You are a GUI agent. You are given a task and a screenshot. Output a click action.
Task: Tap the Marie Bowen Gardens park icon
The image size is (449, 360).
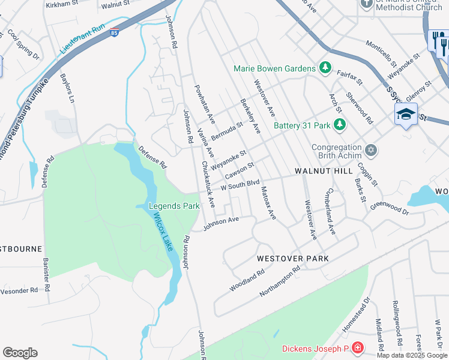tap(325, 68)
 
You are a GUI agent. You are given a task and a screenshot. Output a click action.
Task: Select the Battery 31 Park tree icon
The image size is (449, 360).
tap(340, 125)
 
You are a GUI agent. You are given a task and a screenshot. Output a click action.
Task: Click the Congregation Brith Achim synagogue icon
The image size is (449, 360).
tap(371, 149)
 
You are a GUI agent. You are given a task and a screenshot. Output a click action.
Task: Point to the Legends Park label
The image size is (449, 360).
tap(174, 206)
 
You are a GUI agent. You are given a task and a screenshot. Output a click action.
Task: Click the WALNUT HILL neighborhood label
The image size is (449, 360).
tap(324, 171)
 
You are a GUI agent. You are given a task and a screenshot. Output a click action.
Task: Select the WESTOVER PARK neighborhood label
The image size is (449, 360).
tap(292, 258)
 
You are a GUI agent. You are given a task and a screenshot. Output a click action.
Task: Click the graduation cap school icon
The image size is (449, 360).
tap(406, 113)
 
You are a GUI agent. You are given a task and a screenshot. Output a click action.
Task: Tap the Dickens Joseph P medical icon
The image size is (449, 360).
tap(358, 348)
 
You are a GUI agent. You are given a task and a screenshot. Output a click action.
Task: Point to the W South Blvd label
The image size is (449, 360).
tap(240, 185)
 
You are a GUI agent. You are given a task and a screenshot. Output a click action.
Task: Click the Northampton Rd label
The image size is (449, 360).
tap(279, 283)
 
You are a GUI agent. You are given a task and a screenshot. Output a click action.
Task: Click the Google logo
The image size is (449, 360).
tap(20, 353)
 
